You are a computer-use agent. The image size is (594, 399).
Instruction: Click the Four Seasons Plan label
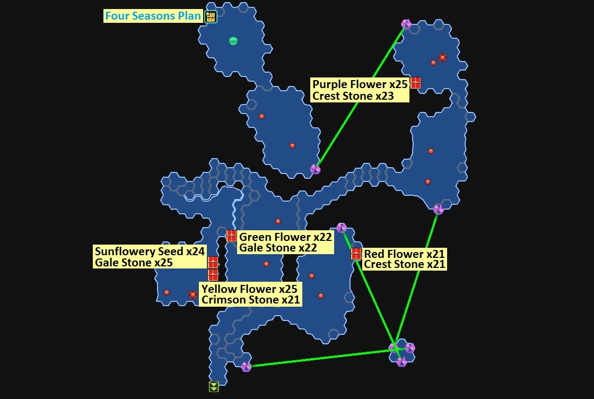click(153, 16)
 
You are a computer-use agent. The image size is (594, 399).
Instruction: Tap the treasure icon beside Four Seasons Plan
click(211, 16)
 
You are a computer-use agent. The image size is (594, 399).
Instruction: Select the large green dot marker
click(233, 41)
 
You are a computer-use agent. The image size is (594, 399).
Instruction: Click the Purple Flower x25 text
click(360, 84)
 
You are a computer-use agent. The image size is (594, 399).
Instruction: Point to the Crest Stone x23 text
click(353, 96)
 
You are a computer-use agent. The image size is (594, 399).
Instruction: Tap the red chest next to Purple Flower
click(415, 83)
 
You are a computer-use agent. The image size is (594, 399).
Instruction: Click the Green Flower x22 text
click(285, 237)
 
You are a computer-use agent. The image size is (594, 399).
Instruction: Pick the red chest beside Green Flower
click(231, 236)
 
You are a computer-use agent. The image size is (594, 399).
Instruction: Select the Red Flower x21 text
click(404, 254)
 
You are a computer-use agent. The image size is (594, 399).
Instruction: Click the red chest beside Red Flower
click(356, 254)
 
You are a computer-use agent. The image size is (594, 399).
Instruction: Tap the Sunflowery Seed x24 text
click(150, 251)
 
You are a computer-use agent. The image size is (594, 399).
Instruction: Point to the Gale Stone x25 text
click(134, 263)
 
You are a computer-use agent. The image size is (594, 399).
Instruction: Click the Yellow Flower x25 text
click(249, 289)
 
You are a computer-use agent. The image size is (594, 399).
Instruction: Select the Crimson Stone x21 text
click(250, 300)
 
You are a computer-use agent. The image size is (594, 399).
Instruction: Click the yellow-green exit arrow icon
click(213, 386)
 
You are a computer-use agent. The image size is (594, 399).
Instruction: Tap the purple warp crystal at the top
click(406, 24)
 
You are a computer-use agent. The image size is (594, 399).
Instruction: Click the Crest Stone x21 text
click(404, 264)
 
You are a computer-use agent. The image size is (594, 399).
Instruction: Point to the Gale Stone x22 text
click(278, 248)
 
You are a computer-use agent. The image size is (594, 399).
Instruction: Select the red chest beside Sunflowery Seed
click(213, 262)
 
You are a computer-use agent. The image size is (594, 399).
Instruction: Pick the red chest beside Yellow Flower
click(213, 274)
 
